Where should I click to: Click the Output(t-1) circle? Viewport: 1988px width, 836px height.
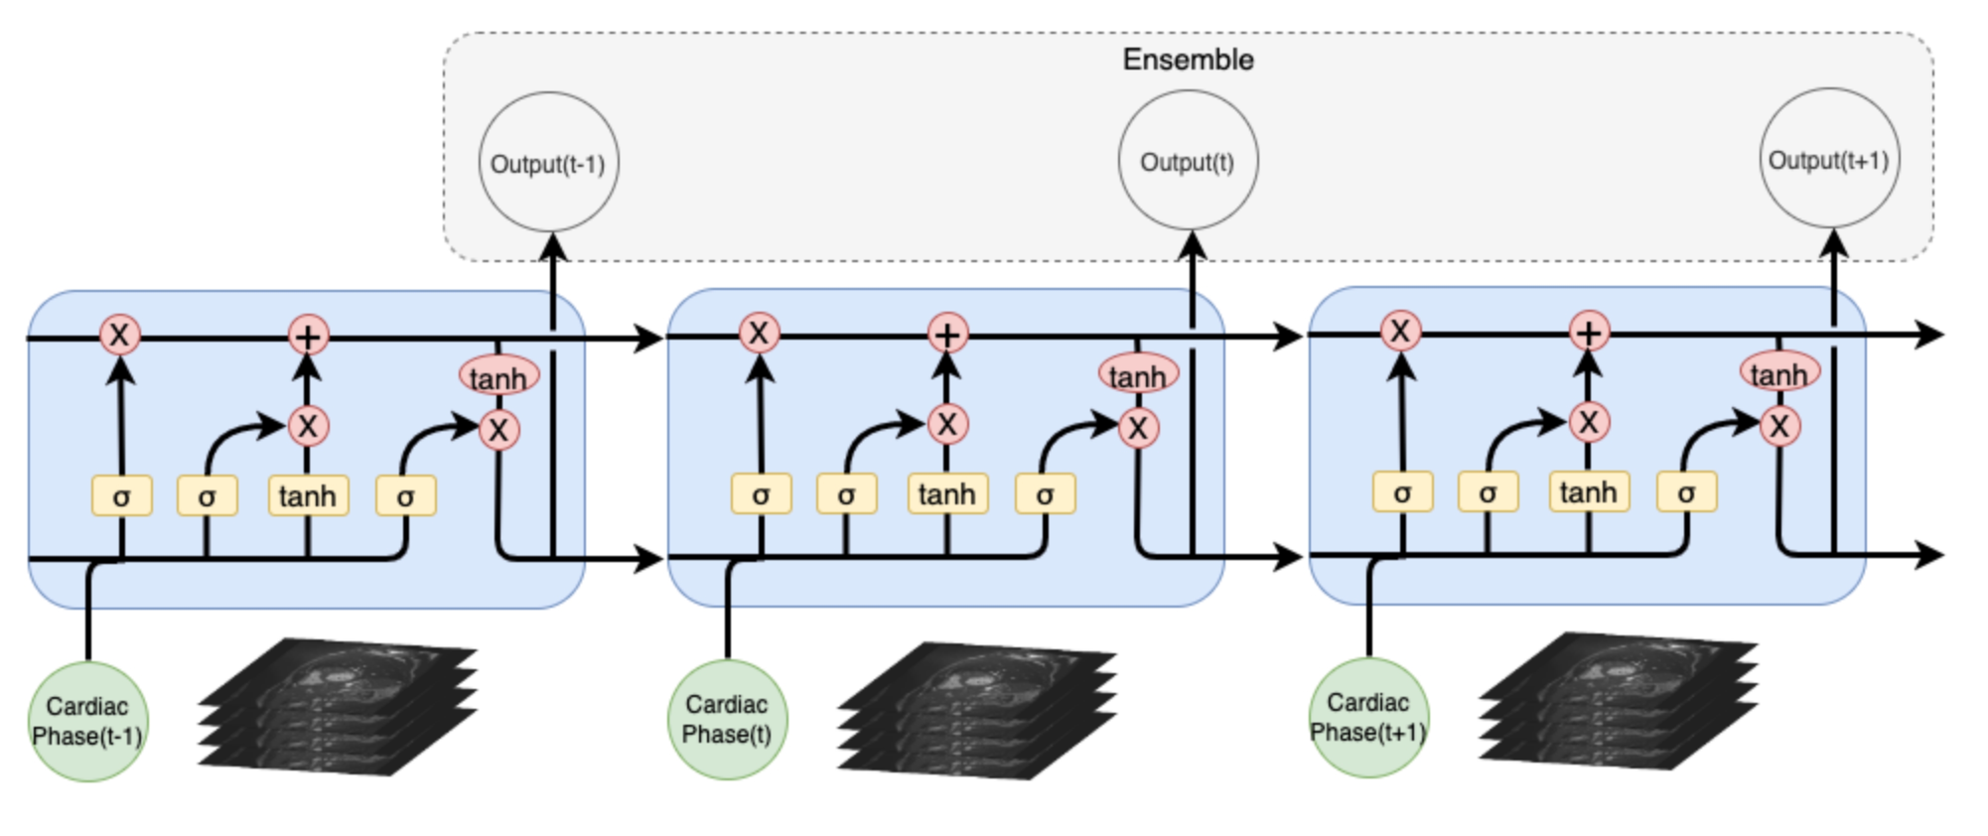pyautogui.click(x=548, y=162)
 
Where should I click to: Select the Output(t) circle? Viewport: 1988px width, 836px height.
pyautogui.click(x=1188, y=160)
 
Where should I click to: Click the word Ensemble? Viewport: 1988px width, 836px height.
pyautogui.click(x=1188, y=60)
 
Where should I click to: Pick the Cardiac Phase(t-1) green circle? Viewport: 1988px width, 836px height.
pyautogui.click(x=88, y=721)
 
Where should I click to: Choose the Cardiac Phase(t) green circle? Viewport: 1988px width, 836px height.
pyautogui.click(x=727, y=719)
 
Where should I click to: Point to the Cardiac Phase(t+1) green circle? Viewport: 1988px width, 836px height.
pyautogui.click(x=1368, y=717)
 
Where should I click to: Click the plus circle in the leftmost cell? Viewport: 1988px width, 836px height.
pyautogui.click(x=308, y=336)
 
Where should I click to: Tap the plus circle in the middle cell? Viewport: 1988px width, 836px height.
pyautogui.click(x=948, y=334)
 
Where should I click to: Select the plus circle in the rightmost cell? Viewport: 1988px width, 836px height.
pyautogui.click(x=1589, y=332)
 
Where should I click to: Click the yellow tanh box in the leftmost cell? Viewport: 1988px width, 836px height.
pyautogui.click(x=308, y=495)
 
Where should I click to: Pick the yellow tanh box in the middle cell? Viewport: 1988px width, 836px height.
pyautogui.click(x=948, y=494)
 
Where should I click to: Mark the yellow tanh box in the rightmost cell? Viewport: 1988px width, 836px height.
pyautogui.click(x=1588, y=491)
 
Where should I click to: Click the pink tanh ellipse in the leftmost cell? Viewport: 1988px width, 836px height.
pyautogui.click(x=498, y=377)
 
